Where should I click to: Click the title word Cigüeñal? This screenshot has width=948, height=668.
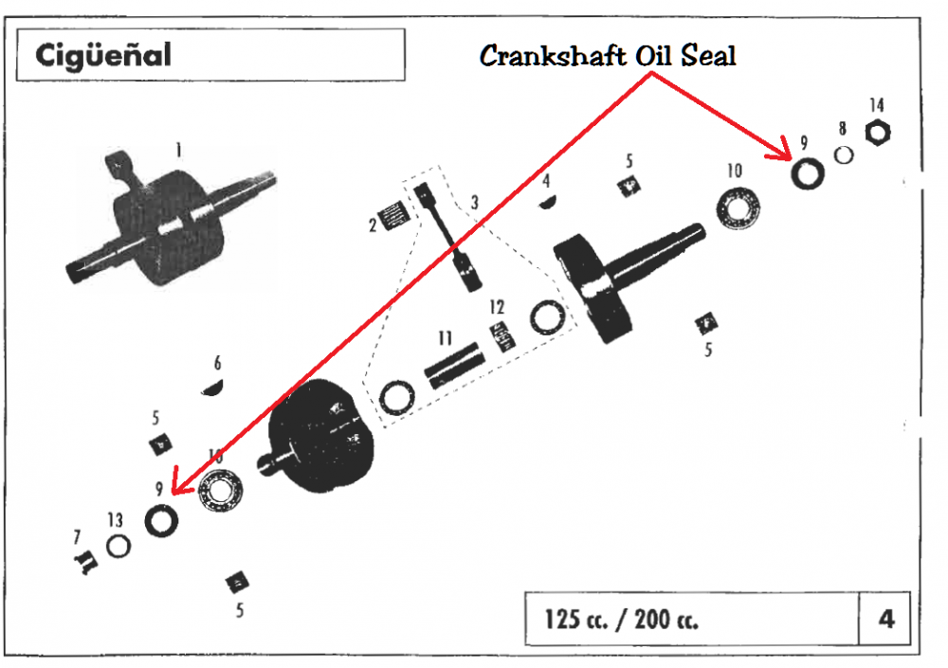pos(104,55)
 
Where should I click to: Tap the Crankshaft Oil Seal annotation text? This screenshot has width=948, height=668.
pos(608,55)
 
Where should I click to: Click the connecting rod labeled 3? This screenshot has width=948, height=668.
pos(449,241)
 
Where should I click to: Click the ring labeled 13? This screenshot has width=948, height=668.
pos(118,547)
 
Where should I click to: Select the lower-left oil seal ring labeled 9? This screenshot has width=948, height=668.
pos(160,520)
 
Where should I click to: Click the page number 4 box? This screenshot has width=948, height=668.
pos(885,619)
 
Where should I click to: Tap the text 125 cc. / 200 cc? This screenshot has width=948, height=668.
pos(622,620)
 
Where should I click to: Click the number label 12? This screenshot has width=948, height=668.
pos(497,307)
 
